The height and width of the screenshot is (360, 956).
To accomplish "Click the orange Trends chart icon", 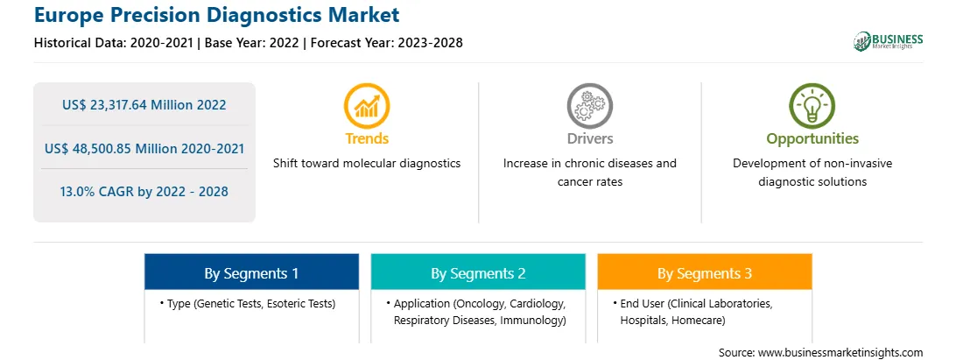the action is point(367,106).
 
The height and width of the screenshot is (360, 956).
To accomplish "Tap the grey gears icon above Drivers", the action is point(589,106).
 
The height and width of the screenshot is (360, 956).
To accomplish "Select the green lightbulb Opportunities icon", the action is point(812,106).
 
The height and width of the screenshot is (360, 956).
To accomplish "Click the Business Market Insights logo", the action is point(888,41).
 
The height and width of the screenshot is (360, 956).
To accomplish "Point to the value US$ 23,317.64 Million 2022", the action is point(144,105).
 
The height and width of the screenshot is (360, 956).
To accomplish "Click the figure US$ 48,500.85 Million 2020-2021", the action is point(144,148).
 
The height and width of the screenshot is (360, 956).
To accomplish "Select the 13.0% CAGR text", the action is point(144,192).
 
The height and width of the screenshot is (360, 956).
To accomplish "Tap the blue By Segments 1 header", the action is point(252,272).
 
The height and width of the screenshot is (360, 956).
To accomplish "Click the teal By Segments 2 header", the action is point(478,272).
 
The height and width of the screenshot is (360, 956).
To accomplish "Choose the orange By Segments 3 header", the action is point(705,272).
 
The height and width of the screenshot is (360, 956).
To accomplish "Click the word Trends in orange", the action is point(367,138).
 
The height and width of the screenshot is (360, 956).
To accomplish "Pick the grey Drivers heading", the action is point(589,138).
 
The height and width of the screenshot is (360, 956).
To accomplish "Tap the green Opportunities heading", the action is point(812,139).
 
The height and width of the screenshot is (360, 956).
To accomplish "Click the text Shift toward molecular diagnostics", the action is point(367,164).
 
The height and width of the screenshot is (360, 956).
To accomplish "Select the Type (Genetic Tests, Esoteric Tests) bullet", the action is point(248,304).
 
